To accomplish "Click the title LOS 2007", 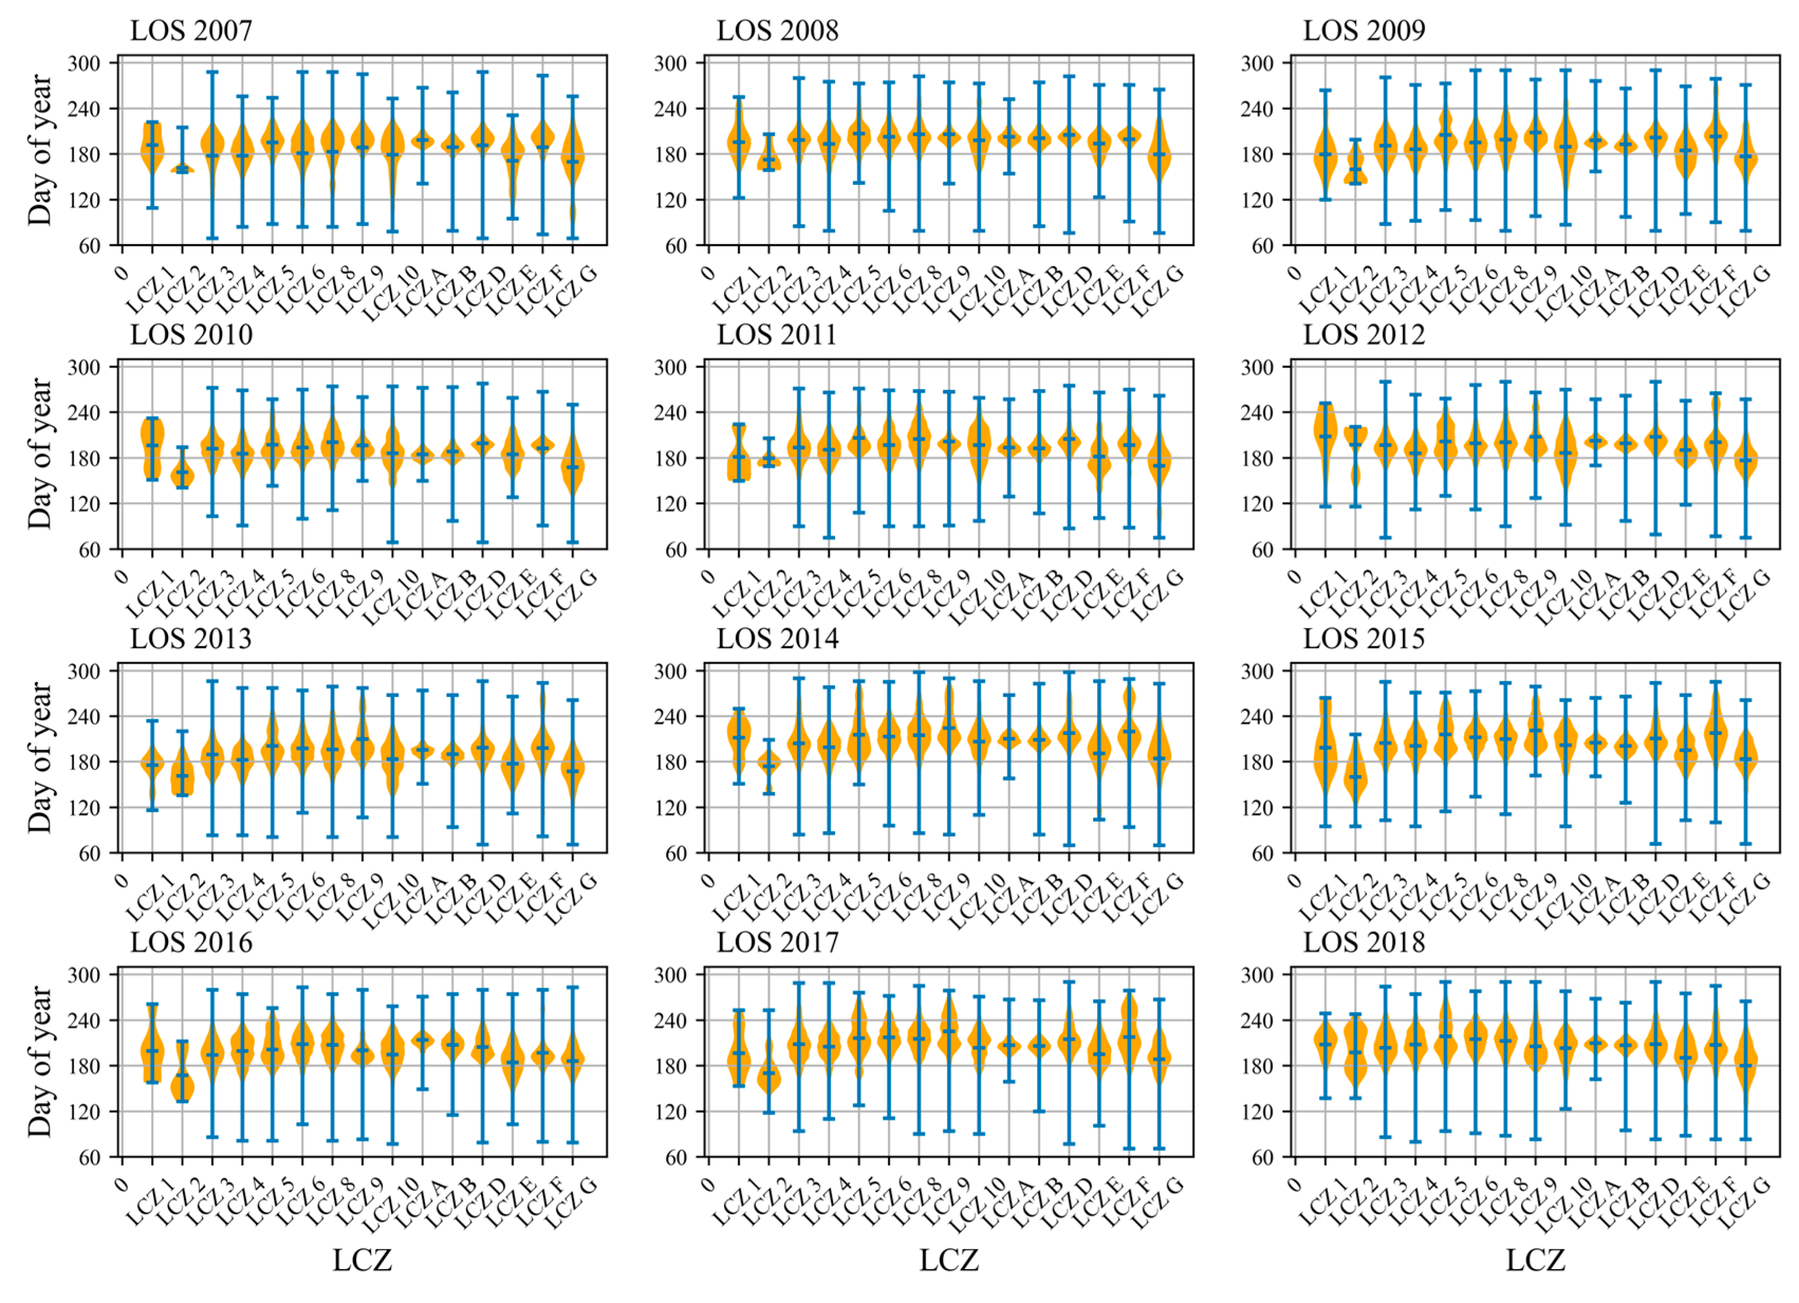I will [x=191, y=30].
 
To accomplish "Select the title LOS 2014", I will [x=777, y=638].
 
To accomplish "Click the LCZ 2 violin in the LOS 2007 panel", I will [x=182, y=168].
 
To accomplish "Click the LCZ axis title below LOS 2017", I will [x=949, y=1259].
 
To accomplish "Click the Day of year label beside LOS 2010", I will [x=40, y=454].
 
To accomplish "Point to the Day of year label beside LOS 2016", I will [x=40, y=1061].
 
